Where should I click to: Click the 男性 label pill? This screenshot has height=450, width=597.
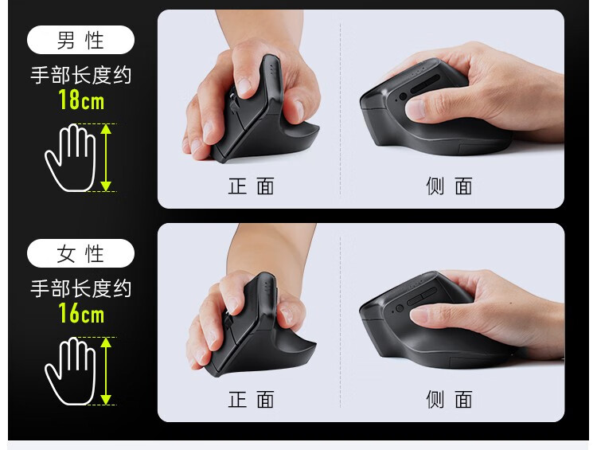pyautogui.click(x=80, y=40)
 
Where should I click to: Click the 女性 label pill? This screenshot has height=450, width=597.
pyautogui.click(x=80, y=253)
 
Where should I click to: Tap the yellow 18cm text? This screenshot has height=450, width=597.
pyautogui.click(x=81, y=100)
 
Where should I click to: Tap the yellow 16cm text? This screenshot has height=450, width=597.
pyautogui.click(x=81, y=314)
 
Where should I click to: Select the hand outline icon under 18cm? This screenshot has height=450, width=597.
pyautogui.click(x=70, y=158)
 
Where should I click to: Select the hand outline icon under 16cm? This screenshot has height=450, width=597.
pyautogui.click(x=70, y=370)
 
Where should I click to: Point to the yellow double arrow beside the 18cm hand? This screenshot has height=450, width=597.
pyautogui.click(x=106, y=158)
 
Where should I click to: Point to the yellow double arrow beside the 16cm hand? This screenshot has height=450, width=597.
pyautogui.click(x=106, y=370)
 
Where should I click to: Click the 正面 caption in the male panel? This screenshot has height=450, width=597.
pyautogui.click(x=251, y=186)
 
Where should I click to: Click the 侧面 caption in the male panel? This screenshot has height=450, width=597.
pyautogui.click(x=449, y=186)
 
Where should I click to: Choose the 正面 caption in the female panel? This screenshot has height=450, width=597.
pyautogui.click(x=251, y=399)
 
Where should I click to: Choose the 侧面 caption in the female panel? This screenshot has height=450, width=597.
pyautogui.click(x=449, y=399)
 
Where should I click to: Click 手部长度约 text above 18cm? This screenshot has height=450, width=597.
pyautogui.click(x=80, y=75)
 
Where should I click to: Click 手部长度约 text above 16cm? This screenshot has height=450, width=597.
pyautogui.click(x=80, y=288)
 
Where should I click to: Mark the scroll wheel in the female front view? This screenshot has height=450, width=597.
pyautogui.click(x=228, y=320)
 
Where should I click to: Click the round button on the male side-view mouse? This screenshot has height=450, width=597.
pyautogui.click(x=403, y=96)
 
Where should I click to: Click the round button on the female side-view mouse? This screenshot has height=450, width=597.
pyautogui.click(x=400, y=308)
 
